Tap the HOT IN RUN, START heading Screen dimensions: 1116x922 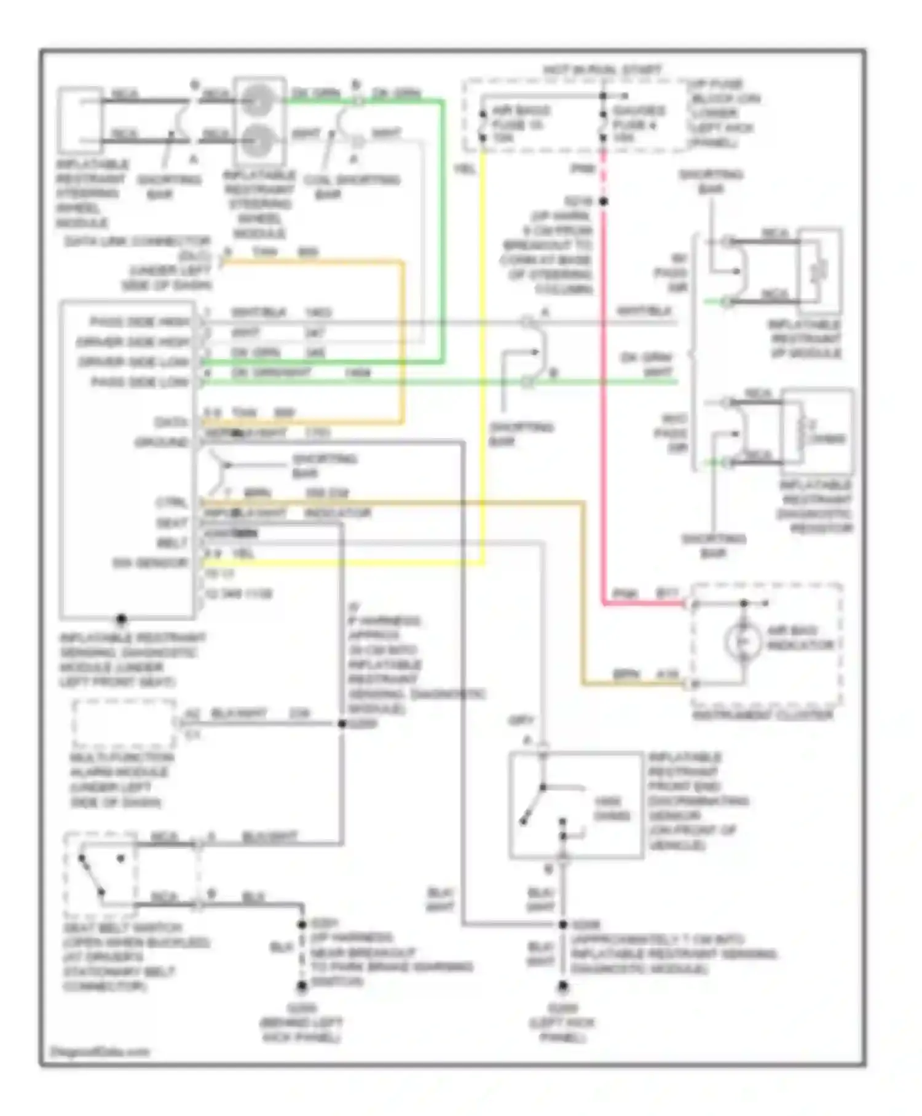pyautogui.click(x=602, y=71)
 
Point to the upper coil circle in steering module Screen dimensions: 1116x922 pyautogui.click(x=258, y=100)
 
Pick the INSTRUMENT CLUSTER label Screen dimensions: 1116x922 pyautogui.click(x=762, y=715)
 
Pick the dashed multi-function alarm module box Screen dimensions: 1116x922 pyautogui.click(x=124, y=723)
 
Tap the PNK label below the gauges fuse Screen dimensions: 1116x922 pyautogui.click(x=581, y=168)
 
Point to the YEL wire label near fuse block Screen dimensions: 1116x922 pyautogui.click(x=465, y=168)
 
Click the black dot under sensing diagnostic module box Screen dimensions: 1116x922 pyautogui.click(x=122, y=618)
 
